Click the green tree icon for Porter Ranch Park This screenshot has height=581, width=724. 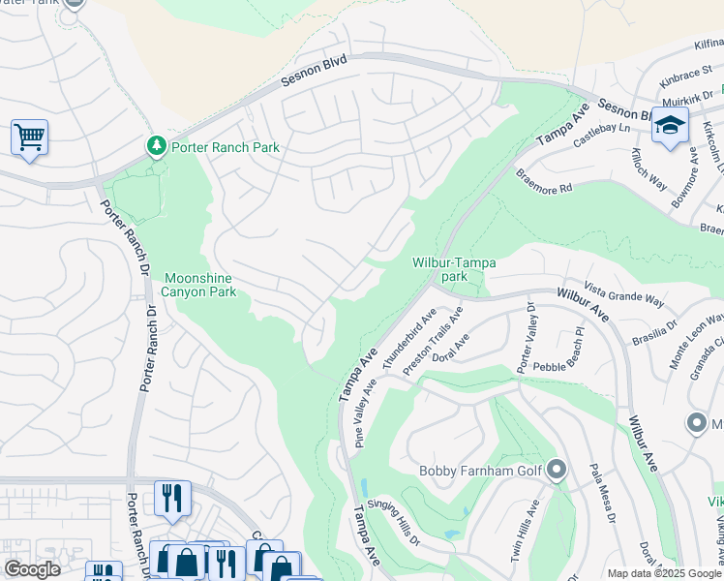point(156,146)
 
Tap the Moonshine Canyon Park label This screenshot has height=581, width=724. point(198,283)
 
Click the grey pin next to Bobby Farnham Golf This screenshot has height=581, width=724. point(556,471)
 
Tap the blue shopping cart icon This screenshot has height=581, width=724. point(29,137)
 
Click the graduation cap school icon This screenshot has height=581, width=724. point(670,126)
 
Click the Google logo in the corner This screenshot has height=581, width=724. point(32,569)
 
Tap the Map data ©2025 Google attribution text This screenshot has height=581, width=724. point(664,573)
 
